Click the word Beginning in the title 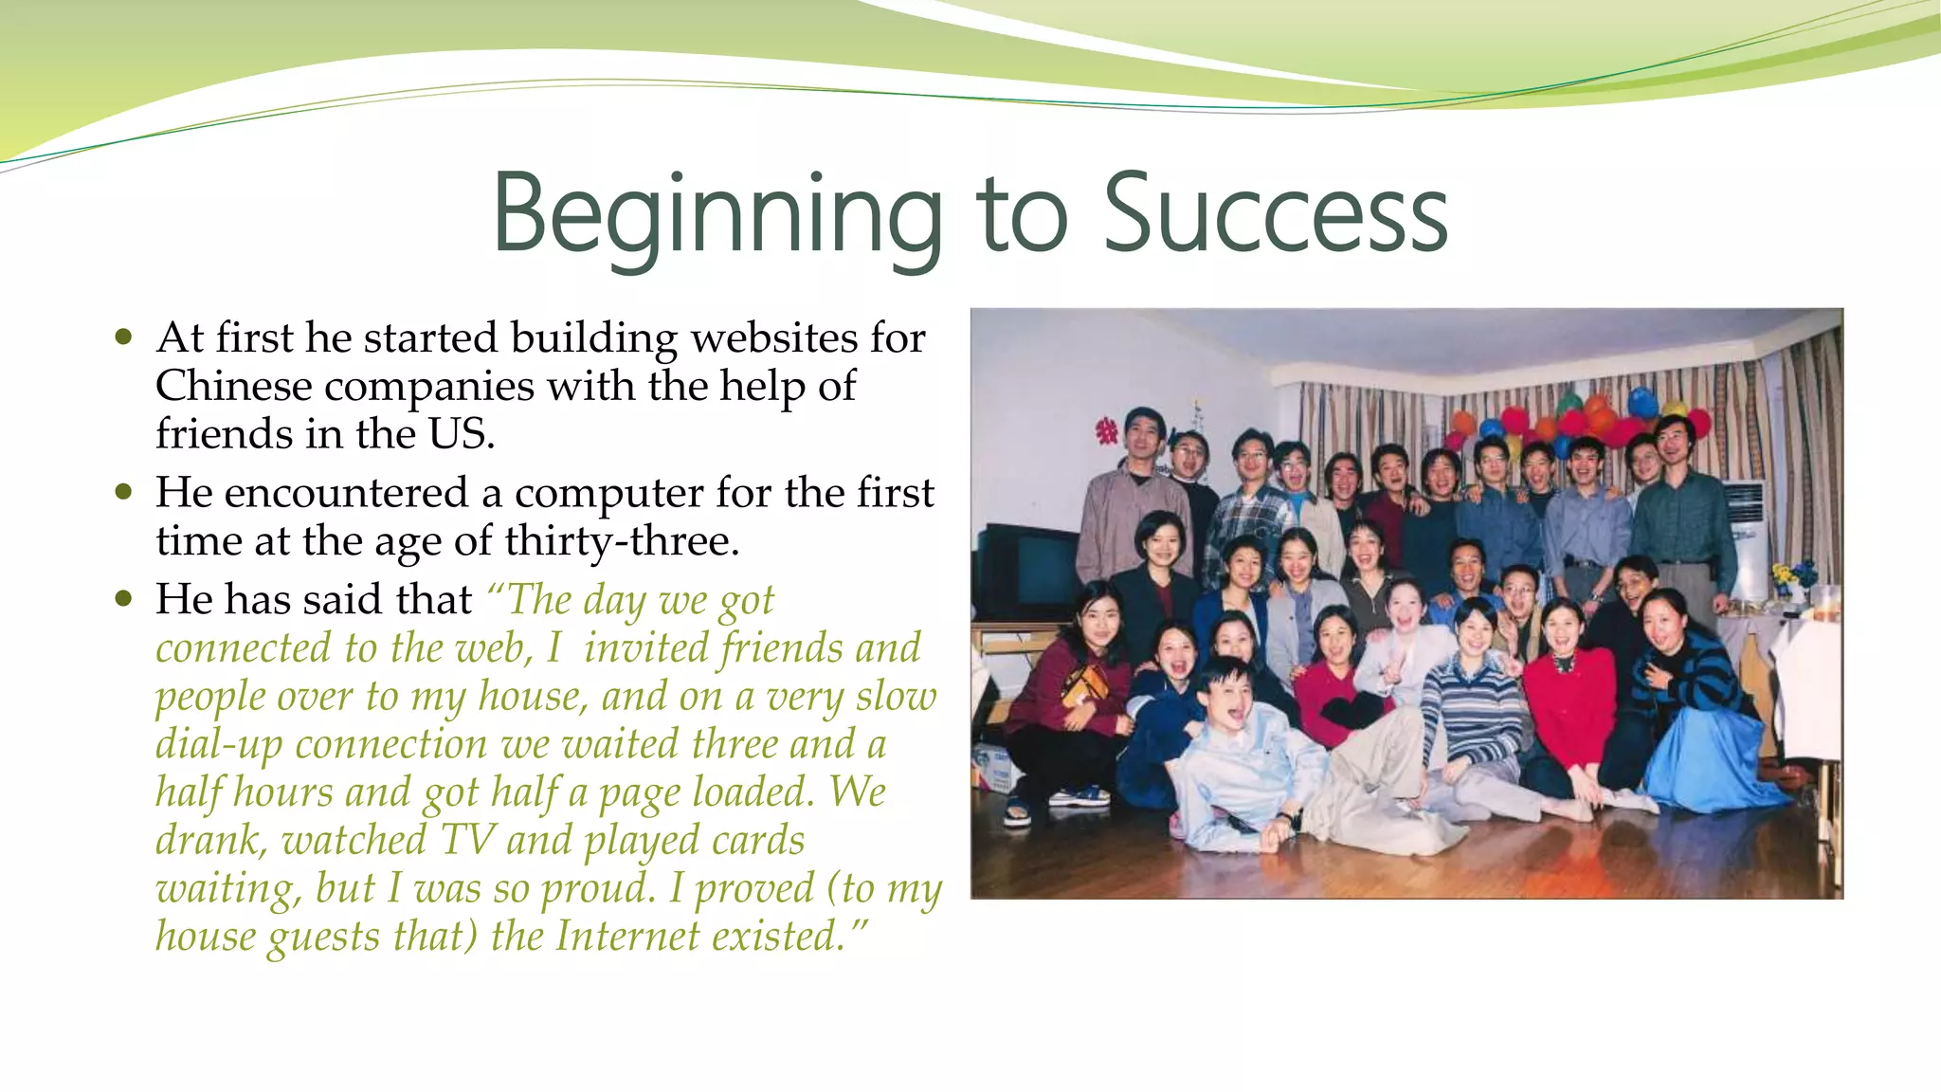pos(717,216)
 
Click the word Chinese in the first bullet pos(233,387)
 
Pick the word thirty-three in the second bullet pos(621,542)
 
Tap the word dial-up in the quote pos(218,745)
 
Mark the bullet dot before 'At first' pos(123,337)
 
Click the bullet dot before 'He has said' pos(123,599)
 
